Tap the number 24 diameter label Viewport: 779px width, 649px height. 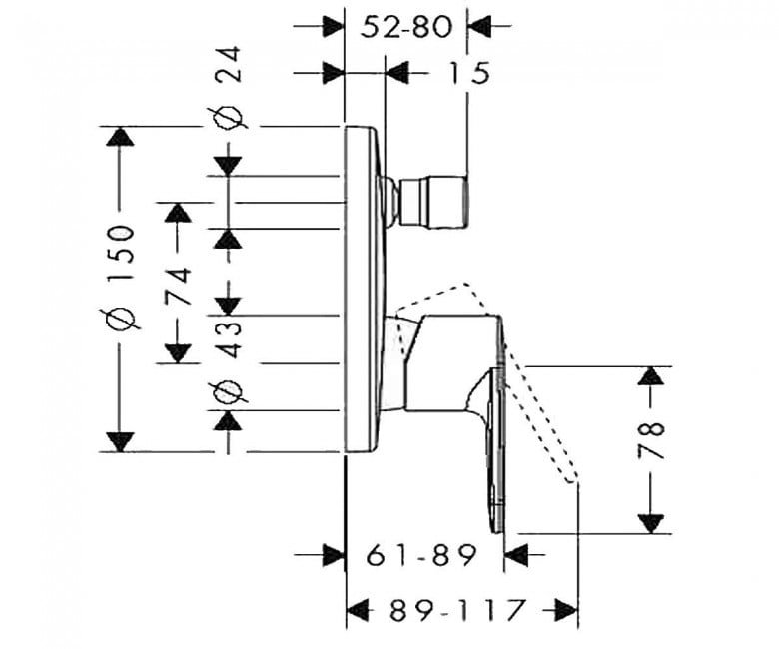tap(229, 73)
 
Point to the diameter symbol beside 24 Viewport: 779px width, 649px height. tap(229, 118)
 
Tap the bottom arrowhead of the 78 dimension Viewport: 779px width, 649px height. tap(651, 521)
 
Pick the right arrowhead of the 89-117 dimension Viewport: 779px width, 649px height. tap(567, 608)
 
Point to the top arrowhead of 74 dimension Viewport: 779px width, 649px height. tap(179, 214)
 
